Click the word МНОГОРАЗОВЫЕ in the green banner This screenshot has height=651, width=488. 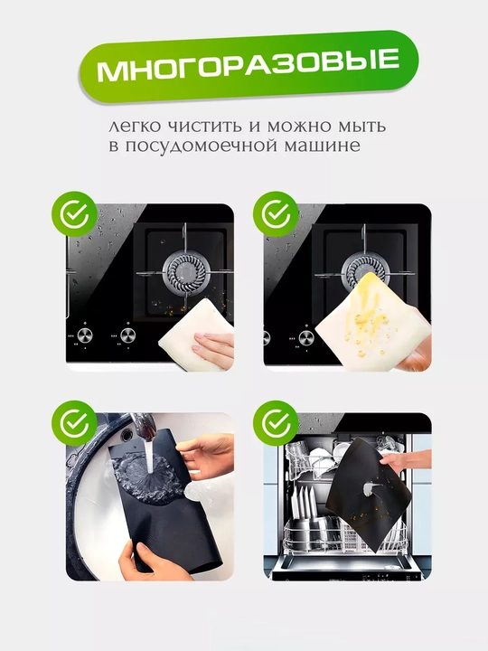tap(249, 64)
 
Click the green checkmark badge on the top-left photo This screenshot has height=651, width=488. tap(74, 214)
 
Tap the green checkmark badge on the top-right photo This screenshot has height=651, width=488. tap(277, 214)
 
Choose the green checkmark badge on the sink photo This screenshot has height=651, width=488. tap(74, 423)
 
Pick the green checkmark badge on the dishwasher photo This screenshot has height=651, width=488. tap(277, 423)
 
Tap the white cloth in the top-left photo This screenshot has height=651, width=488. tap(197, 335)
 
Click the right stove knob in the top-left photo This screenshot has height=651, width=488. tap(127, 335)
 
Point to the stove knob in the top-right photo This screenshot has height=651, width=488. tap(305, 337)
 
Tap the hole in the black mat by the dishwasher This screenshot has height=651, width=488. tap(368, 488)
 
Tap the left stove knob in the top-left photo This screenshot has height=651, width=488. tap(84, 335)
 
